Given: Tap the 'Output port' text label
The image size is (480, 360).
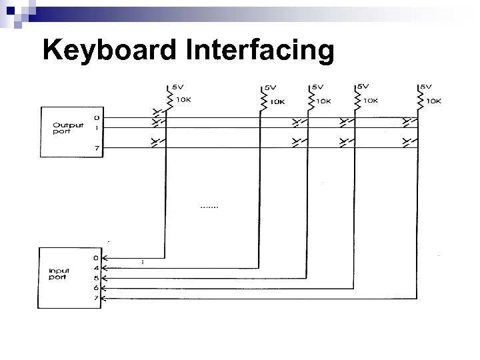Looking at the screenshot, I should (x=67, y=127).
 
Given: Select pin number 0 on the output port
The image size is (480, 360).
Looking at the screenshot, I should (x=96, y=117).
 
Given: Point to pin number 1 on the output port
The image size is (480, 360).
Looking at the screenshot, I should (x=96, y=127).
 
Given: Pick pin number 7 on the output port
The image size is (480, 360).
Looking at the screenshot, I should (x=96, y=148).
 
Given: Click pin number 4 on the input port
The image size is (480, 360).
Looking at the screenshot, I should (x=96, y=269).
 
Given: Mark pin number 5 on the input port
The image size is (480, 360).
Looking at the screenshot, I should (x=96, y=278).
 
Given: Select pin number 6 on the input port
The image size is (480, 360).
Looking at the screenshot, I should (x=96, y=288).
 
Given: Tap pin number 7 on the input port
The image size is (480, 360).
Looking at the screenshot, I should (x=96, y=298).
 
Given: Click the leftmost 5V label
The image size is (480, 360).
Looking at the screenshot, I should (x=178, y=86).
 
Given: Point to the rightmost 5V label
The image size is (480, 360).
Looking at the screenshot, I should (x=426, y=86).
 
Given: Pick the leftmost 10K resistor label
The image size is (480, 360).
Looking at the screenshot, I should (x=183, y=100).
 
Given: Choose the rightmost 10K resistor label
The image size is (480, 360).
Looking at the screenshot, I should (x=433, y=101).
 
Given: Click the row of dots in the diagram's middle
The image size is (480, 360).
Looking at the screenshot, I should (x=209, y=207).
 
